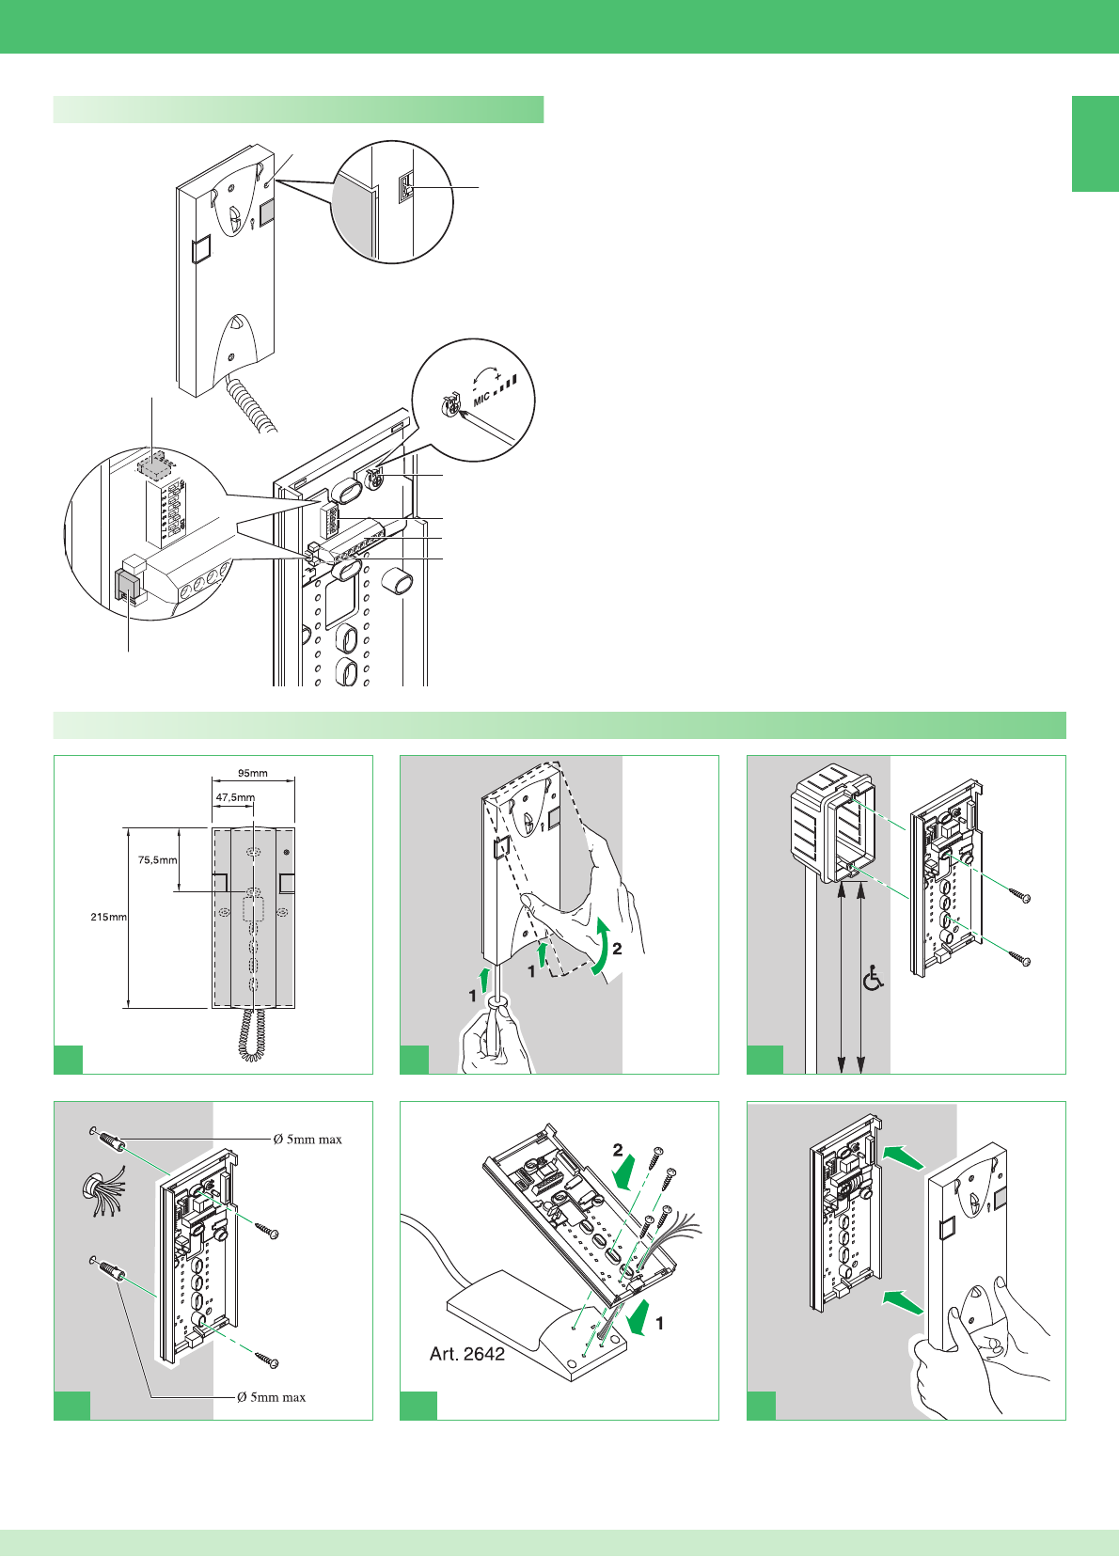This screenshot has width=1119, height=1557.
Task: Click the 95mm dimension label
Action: tap(252, 773)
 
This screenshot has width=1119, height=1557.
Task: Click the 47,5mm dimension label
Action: tap(234, 797)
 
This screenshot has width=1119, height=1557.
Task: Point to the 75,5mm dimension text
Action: tap(157, 859)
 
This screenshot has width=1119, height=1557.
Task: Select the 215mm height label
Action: tap(108, 917)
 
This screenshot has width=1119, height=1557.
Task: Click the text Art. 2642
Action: tap(466, 1354)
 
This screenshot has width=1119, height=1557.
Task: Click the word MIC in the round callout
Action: tap(482, 398)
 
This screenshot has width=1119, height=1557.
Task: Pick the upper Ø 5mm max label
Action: tap(307, 1140)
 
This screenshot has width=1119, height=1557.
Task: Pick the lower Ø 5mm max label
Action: tap(271, 1397)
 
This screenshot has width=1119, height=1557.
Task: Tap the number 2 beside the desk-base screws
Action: tap(618, 1150)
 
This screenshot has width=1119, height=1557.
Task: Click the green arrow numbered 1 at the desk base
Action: tap(638, 1318)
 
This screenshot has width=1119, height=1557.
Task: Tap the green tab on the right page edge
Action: tap(1095, 144)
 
